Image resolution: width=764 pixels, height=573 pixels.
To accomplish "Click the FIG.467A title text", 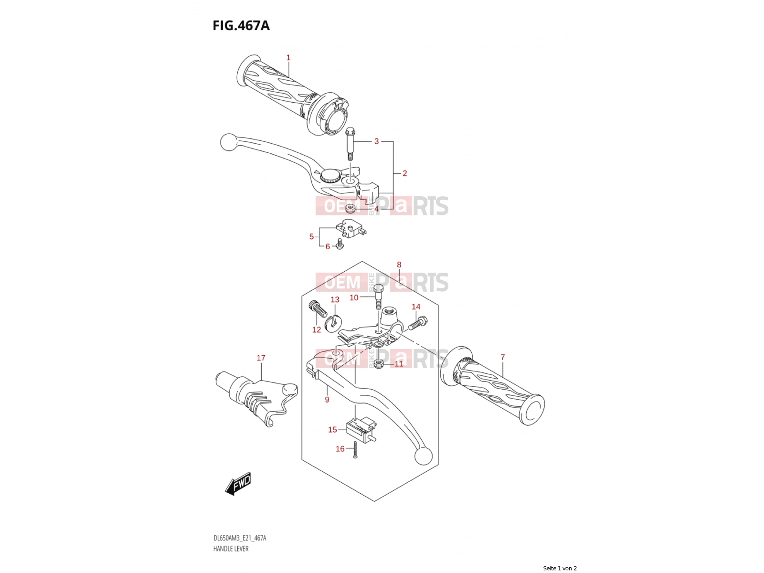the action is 241,26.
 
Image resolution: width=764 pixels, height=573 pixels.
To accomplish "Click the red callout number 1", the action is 288,57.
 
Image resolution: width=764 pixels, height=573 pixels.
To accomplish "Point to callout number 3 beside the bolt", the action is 376,141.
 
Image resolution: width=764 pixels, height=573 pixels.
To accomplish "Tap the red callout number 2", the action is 404,173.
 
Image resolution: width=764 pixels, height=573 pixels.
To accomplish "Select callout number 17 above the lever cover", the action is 261,358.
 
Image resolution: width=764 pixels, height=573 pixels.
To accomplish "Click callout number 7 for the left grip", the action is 502,357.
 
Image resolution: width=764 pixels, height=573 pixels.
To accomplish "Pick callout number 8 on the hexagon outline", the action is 399,265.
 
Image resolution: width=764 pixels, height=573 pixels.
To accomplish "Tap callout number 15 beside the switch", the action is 332,430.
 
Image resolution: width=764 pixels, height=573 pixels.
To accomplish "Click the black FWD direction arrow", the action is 238,483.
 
